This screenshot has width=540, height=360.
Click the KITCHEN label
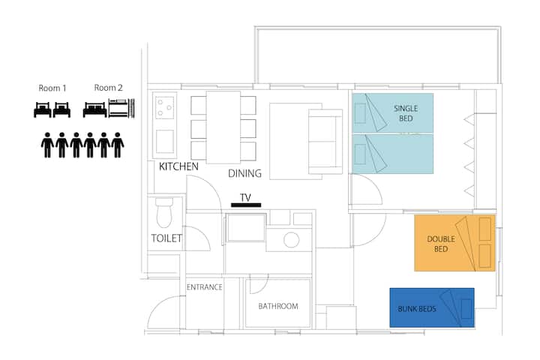178,166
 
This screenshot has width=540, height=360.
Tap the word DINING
244,173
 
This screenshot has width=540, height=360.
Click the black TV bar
246,205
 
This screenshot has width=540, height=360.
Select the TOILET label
166,238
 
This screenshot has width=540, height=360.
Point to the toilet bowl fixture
164,212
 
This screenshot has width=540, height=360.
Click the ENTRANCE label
205,287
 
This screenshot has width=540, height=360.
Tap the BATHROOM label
278,306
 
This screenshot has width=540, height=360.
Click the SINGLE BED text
406,113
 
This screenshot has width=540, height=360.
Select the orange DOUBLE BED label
441,244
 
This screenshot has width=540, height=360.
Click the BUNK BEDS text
417,309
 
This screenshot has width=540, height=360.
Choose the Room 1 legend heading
52,88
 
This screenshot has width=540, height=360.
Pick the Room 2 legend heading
109,88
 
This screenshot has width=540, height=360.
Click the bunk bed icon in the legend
121,108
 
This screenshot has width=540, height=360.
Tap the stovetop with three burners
164,108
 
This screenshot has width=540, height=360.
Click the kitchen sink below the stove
164,141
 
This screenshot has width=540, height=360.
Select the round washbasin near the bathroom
291,240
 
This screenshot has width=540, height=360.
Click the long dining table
223,127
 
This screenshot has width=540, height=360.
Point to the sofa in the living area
325,141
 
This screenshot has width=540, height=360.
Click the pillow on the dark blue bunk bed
466,309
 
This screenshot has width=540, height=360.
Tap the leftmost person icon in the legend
47,145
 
